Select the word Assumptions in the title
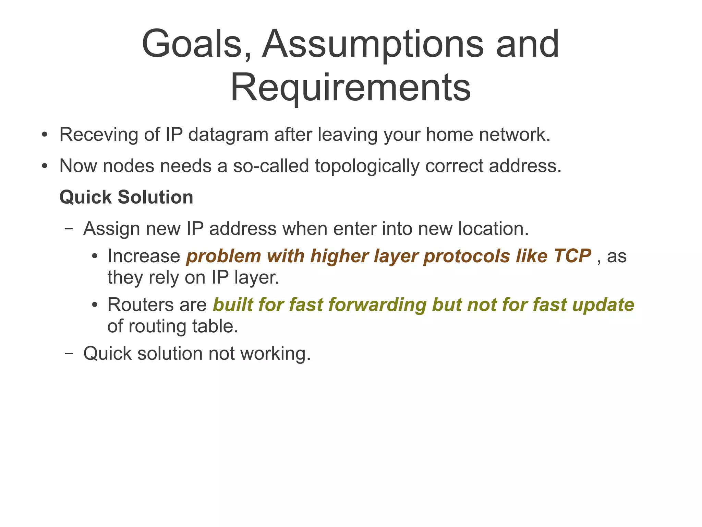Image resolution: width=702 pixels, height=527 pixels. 372,44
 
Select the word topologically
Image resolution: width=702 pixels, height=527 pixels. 367,167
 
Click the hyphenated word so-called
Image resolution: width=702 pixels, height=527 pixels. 271,166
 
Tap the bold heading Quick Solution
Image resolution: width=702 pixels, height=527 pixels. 126,197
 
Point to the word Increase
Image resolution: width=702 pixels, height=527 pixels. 144,256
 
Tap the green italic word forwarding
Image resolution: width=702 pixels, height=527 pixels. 377,305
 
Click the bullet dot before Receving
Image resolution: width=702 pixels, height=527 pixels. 44,135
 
